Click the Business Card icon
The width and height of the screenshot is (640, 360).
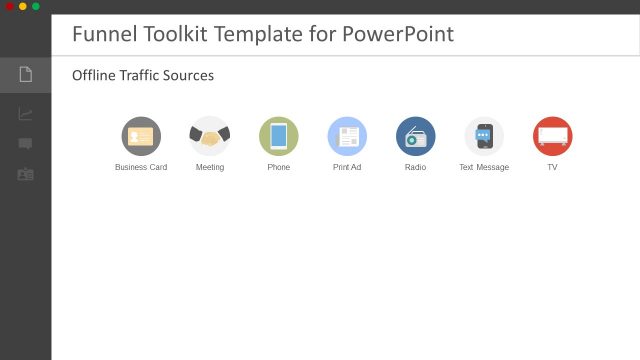pyautogui.click(x=141, y=136)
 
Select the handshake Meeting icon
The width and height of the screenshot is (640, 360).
pyautogui.click(x=210, y=136)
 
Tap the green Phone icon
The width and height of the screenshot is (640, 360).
pyautogui.click(x=279, y=136)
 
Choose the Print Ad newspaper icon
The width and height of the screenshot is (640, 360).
pyautogui.click(x=347, y=136)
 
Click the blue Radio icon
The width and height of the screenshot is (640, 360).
pyautogui.click(x=416, y=136)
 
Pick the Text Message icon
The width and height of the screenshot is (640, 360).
pyautogui.click(x=484, y=136)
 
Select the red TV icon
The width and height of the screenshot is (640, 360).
pyautogui.click(x=552, y=136)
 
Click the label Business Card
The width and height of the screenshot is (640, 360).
pyautogui.click(x=141, y=167)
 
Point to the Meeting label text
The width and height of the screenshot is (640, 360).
pyautogui.click(x=210, y=167)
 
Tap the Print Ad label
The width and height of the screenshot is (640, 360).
pyautogui.click(x=347, y=167)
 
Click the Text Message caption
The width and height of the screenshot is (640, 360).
pyautogui.click(x=484, y=167)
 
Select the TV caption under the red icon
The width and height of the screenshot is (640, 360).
pyautogui.click(x=552, y=167)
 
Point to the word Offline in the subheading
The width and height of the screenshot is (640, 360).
pyautogui.click(x=93, y=76)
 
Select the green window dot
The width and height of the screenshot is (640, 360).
pyautogui.click(x=36, y=6)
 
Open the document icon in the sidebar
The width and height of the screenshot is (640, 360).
pyautogui.click(x=25, y=74)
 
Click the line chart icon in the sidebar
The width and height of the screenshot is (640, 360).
pyautogui.click(x=25, y=113)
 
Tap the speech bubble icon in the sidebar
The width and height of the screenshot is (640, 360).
pyautogui.click(x=25, y=143)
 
